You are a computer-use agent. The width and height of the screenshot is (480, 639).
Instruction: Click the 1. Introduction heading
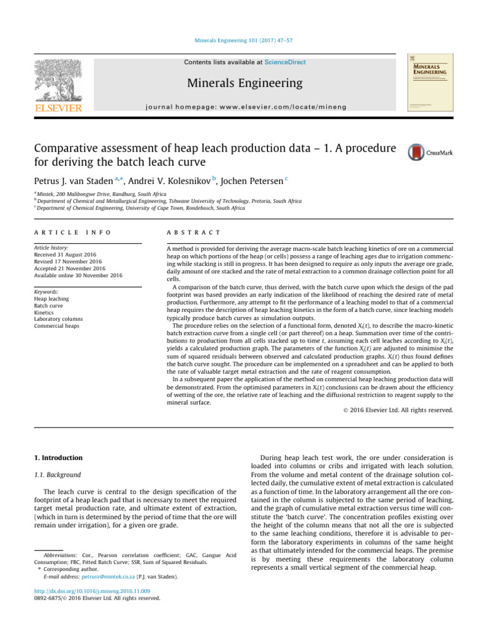[x=57, y=457]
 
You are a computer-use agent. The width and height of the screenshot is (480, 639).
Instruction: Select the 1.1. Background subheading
[x=57, y=475]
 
